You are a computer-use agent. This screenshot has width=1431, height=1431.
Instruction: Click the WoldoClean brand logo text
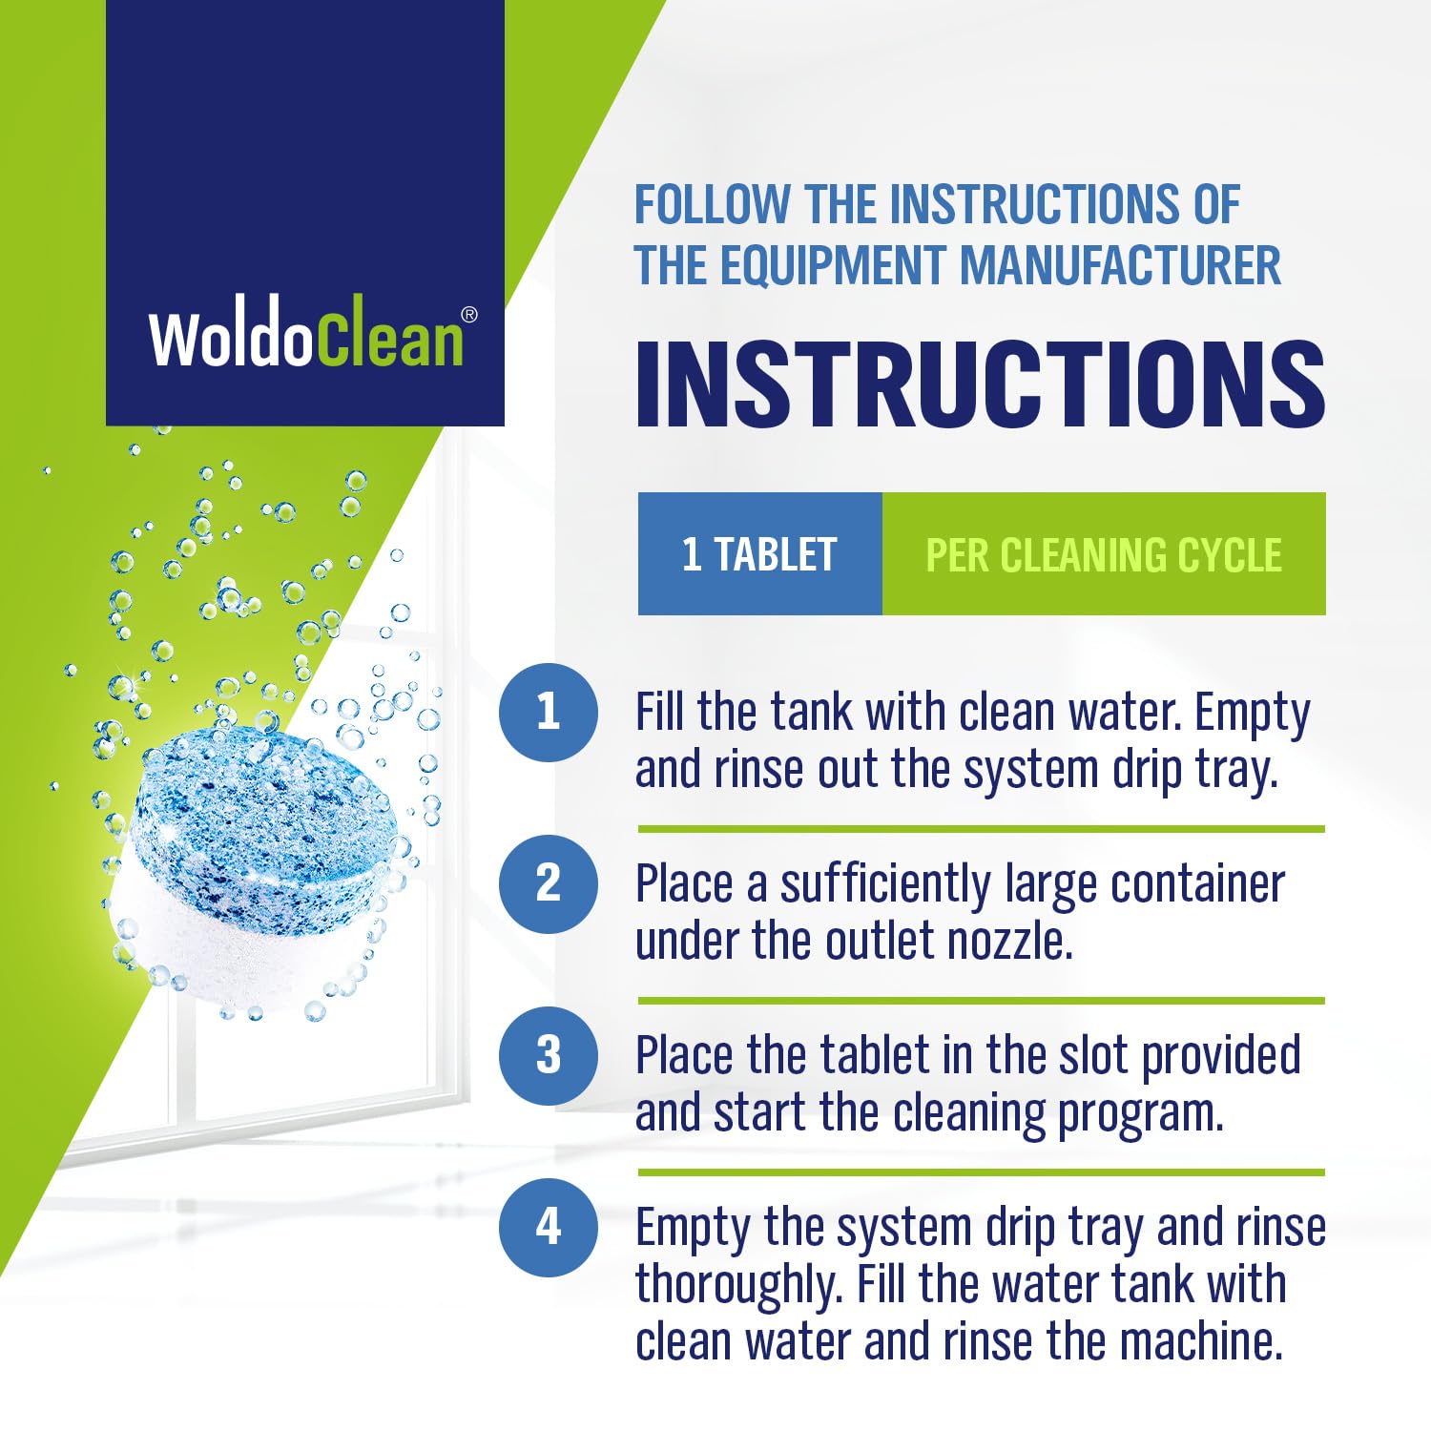(305, 338)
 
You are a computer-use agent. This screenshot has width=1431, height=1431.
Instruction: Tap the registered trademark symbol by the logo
(469, 315)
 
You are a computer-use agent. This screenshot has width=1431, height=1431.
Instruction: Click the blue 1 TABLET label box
(759, 554)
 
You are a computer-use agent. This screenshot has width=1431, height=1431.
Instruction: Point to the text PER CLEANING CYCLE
(1104, 555)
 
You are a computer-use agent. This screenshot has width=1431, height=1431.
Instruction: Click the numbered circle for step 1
(548, 712)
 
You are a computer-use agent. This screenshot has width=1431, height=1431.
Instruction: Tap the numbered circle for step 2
(548, 883)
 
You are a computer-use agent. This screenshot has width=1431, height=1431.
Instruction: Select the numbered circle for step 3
(548, 1055)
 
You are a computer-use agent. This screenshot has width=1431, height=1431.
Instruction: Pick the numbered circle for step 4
(548, 1227)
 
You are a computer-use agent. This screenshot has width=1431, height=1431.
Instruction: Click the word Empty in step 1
(1253, 714)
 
